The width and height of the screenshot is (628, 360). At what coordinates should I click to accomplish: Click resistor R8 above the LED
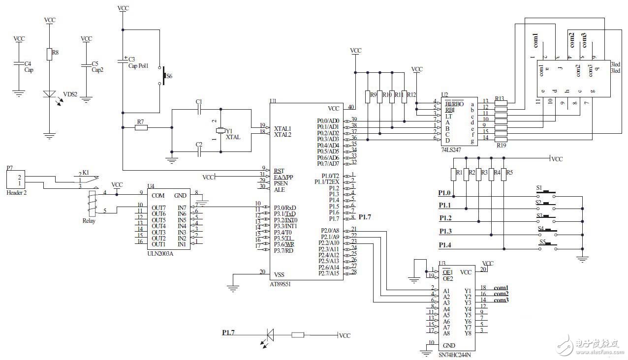tap(49, 54)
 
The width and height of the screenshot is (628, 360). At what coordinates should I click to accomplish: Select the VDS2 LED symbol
tap(49, 94)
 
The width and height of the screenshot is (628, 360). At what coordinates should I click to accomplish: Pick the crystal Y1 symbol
tap(220, 130)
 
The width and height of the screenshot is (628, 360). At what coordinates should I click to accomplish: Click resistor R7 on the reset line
tap(141, 128)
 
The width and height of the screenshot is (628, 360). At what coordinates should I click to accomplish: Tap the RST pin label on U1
tap(279, 171)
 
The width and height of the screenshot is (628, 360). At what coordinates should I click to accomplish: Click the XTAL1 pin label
tap(282, 128)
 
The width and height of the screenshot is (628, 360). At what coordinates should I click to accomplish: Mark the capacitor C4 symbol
tap(19, 63)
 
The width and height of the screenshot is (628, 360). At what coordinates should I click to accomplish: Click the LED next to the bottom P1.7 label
tap(270, 335)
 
